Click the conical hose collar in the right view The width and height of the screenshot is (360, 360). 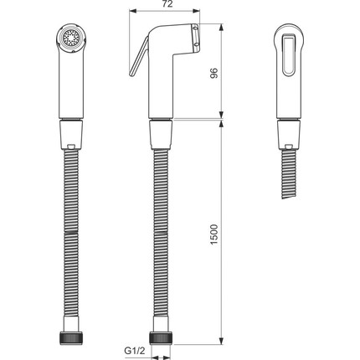coord(289,132)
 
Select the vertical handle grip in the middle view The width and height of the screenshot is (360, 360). coord(162,92)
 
